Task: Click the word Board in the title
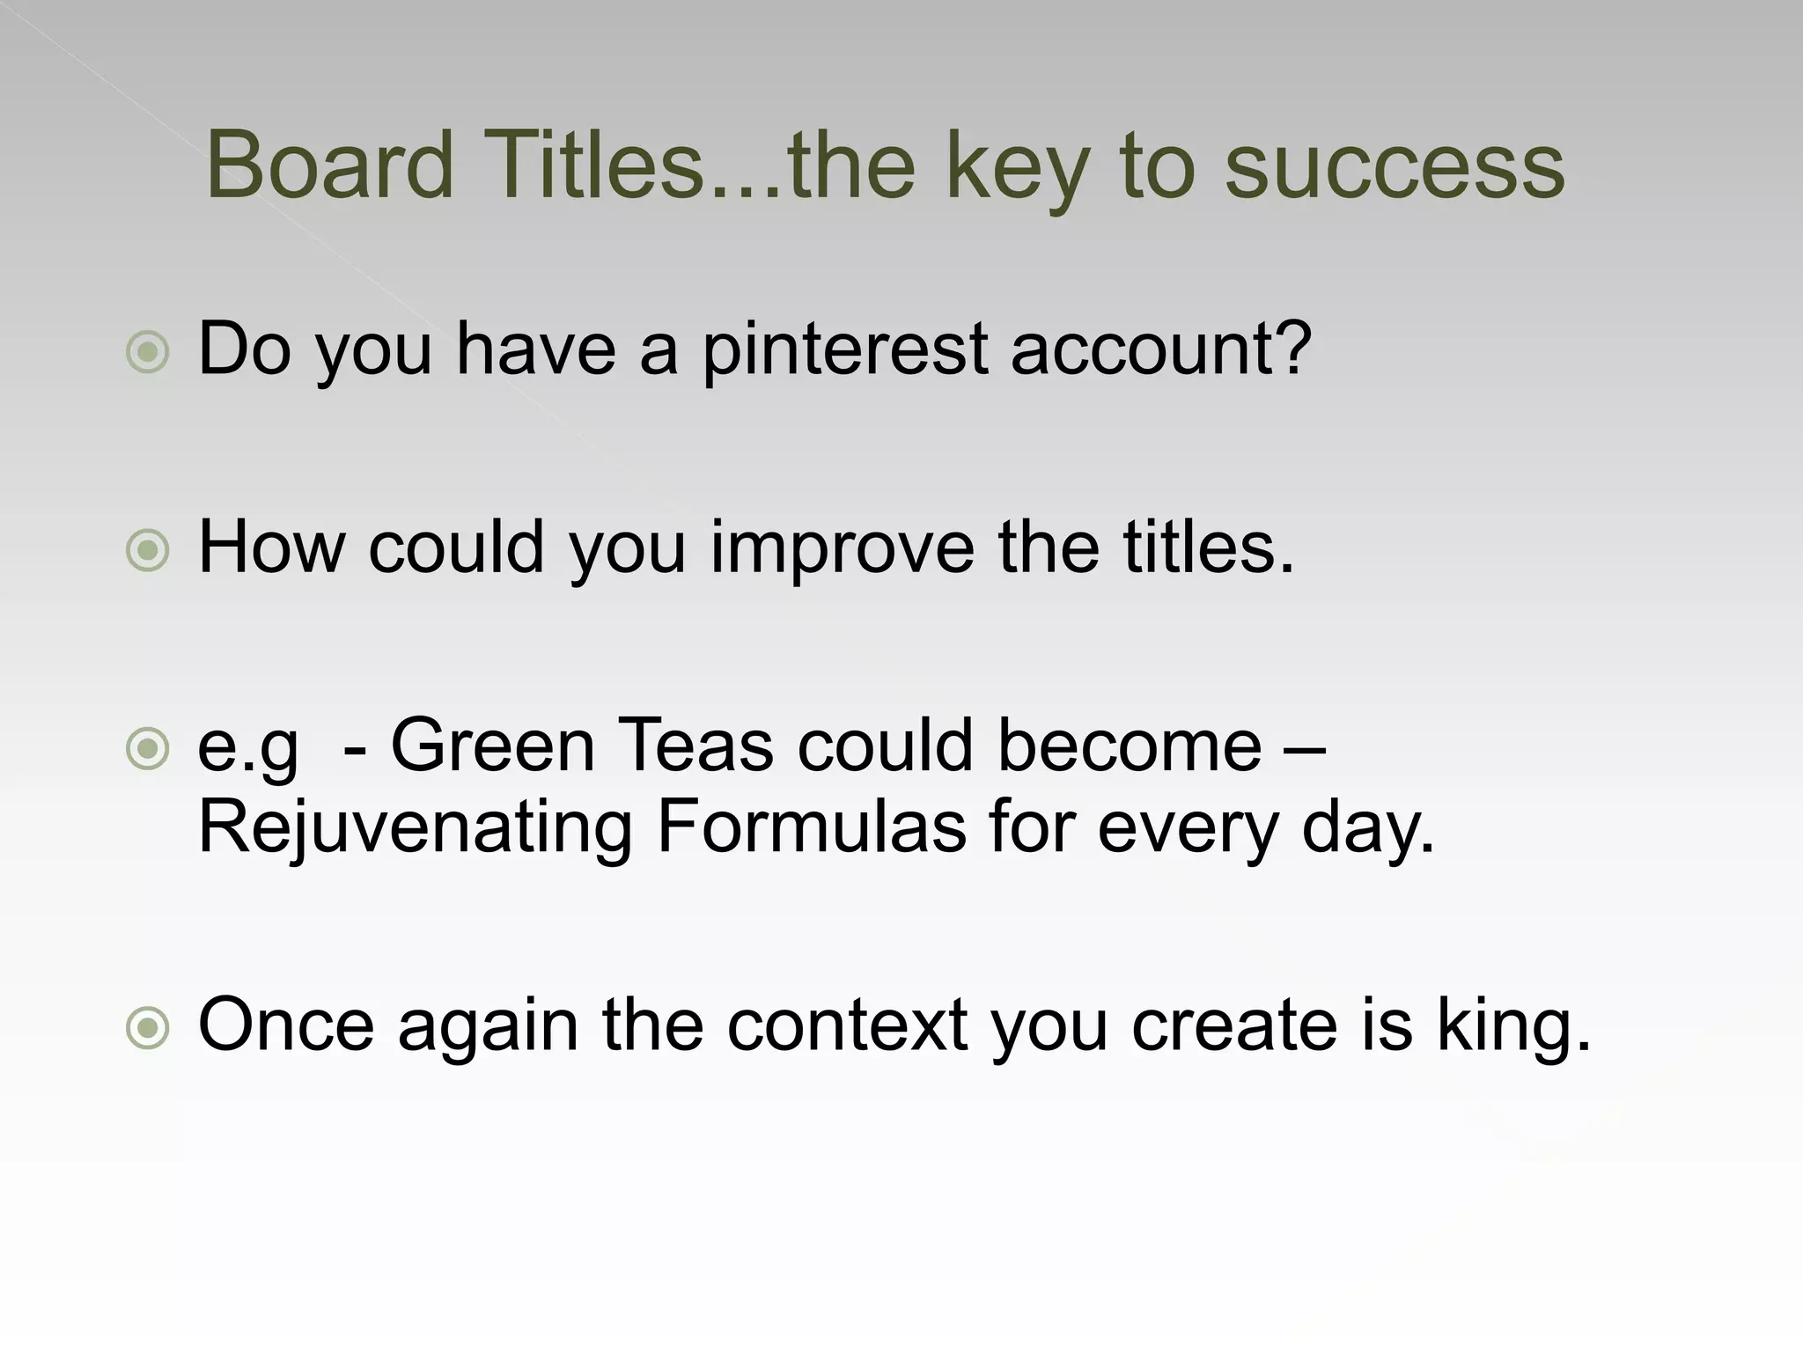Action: click(329, 165)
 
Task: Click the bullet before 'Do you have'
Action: click(147, 353)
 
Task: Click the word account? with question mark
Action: click(1161, 349)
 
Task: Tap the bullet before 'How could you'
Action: click(147, 552)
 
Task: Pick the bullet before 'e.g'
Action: click(147, 750)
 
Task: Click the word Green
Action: click(493, 746)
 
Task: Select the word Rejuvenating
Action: click(415, 830)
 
